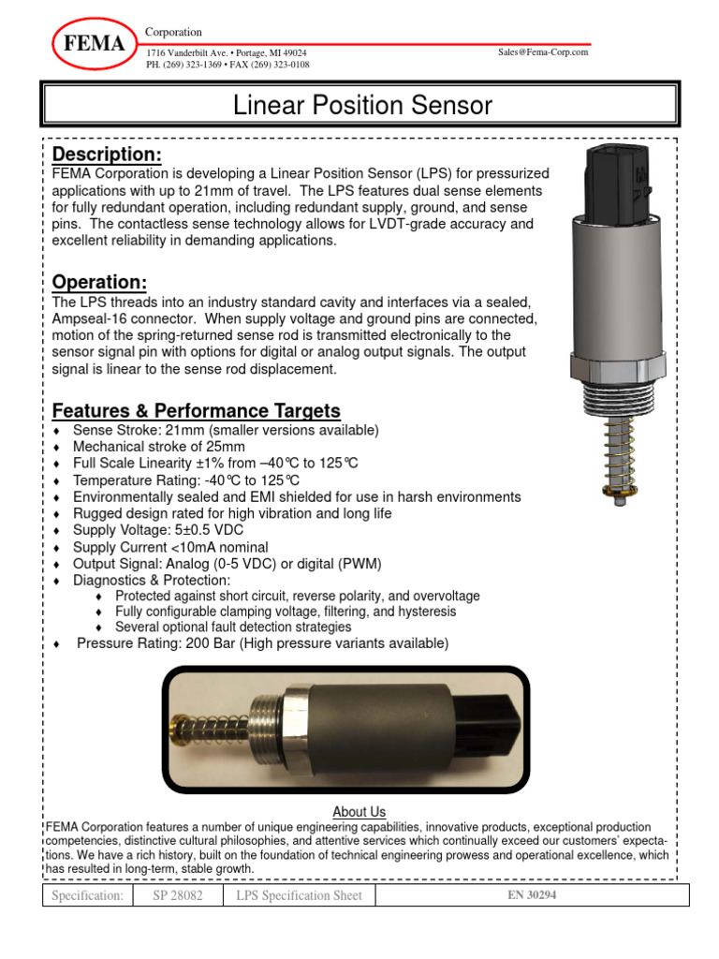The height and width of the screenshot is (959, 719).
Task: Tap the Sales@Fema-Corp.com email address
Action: click(x=544, y=52)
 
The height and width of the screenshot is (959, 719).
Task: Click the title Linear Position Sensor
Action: click(x=361, y=106)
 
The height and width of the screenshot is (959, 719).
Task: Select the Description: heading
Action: click(x=107, y=154)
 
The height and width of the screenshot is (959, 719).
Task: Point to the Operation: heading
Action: click(x=99, y=282)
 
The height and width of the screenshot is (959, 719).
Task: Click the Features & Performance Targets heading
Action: click(x=196, y=410)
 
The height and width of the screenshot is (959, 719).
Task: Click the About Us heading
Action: click(x=359, y=812)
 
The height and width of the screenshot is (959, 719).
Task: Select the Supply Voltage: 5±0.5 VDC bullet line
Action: click(x=169, y=530)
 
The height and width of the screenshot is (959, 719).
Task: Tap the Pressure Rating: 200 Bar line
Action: click(x=262, y=643)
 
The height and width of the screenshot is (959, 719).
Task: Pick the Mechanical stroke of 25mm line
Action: click(x=158, y=447)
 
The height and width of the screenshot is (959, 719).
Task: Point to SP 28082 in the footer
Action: click(x=177, y=896)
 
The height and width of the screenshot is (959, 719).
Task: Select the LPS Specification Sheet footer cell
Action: click(x=300, y=896)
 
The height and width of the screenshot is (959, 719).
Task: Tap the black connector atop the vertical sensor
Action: click(x=611, y=177)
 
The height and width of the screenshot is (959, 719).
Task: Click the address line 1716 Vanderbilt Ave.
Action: click(x=226, y=53)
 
